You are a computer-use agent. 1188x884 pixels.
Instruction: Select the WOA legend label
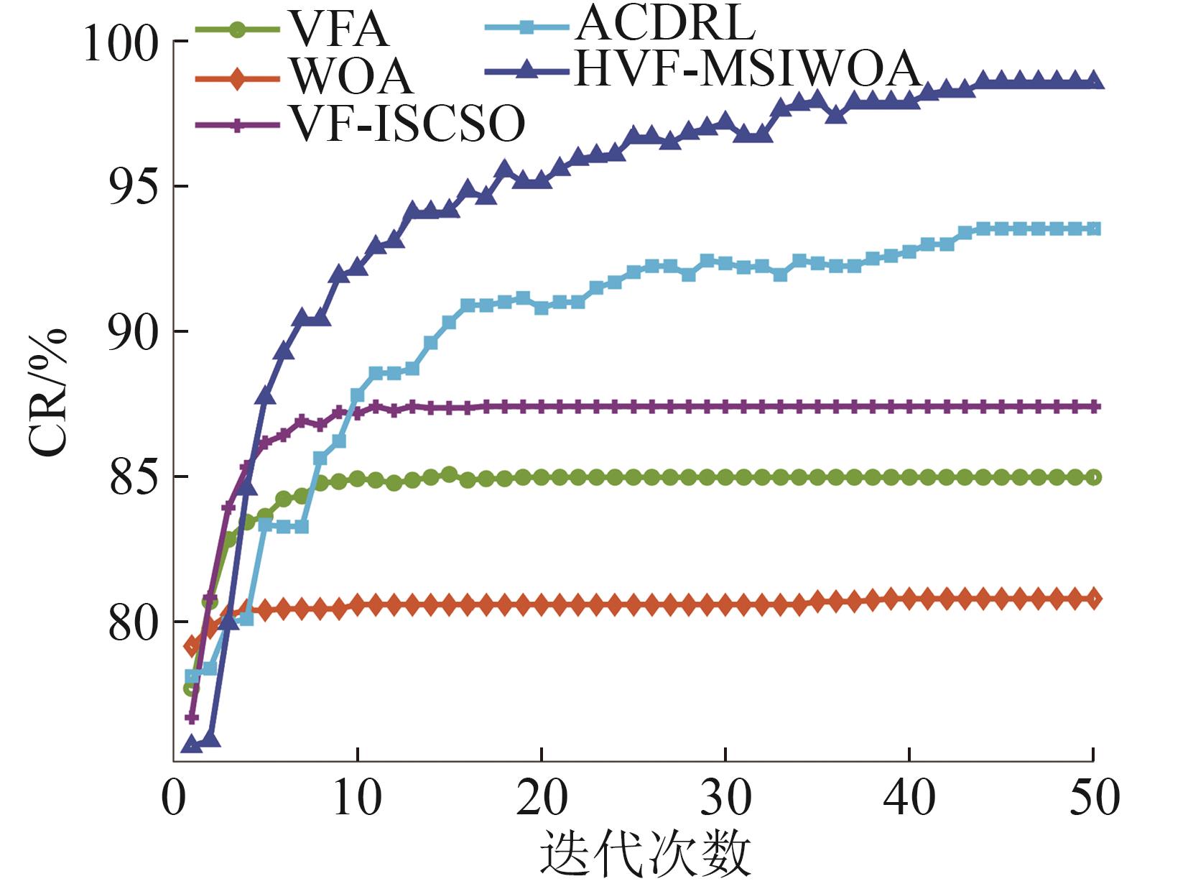[x=352, y=77]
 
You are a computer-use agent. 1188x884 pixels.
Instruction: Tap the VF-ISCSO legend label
[x=407, y=124]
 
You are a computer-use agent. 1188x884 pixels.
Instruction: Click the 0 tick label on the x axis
[x=174, y=796]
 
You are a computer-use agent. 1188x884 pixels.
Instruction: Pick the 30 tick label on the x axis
[x=725, y=796]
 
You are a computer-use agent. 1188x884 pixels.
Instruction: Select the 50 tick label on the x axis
[x=1093, y=796]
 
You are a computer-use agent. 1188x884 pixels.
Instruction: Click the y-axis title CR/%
[x=48, y=392]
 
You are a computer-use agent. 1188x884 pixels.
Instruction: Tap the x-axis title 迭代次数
[x=645, y=853]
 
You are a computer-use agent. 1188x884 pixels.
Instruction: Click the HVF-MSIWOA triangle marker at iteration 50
[x=1093, y=81]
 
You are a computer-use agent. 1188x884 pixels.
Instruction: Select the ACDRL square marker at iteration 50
[x=1093, y=229]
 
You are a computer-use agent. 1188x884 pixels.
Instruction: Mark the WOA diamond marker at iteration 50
[x=1093, y=598]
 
